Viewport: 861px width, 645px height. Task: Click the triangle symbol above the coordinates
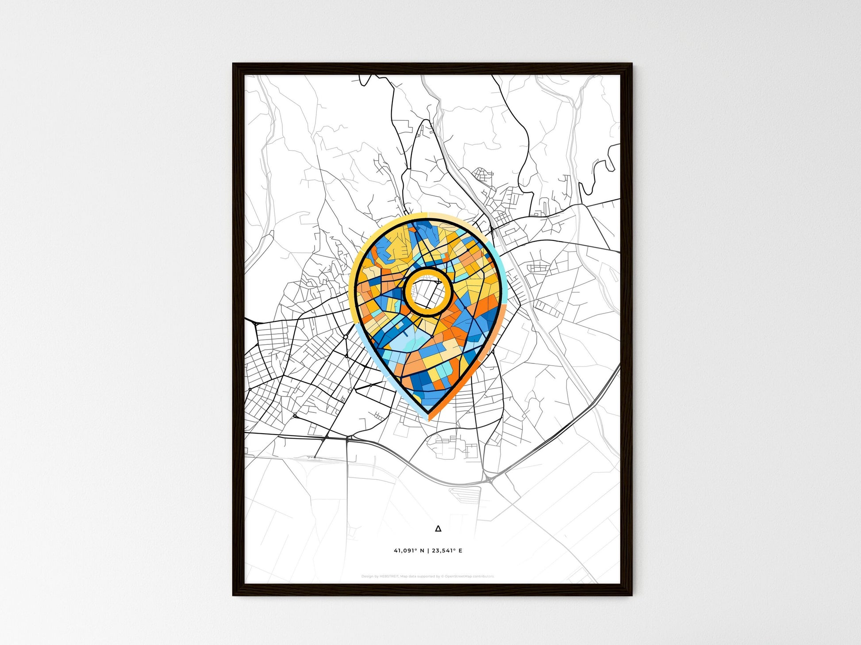pyautogui.click(x=438, y=528)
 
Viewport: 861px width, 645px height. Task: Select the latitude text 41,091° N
pyautogui.click(x=409, y=550)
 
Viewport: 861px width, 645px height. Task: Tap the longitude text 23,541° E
pyautogui.click(x=447, y=550)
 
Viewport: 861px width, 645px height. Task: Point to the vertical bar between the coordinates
pyautogui.click(x=428, y=550)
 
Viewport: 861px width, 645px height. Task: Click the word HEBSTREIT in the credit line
pyautogui.click(x=389, y=576)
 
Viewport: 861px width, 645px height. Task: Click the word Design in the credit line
pyautogui.click(x=367, y=576)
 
